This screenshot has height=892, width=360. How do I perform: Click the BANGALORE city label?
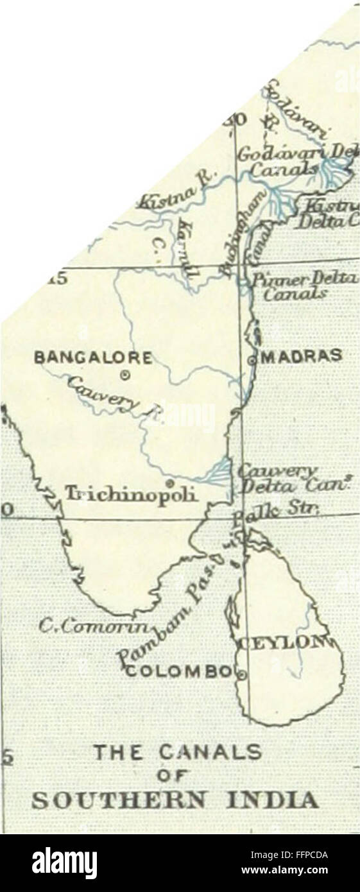(x=102, y=357)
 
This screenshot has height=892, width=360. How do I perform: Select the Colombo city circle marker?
(x=242, y=674)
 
